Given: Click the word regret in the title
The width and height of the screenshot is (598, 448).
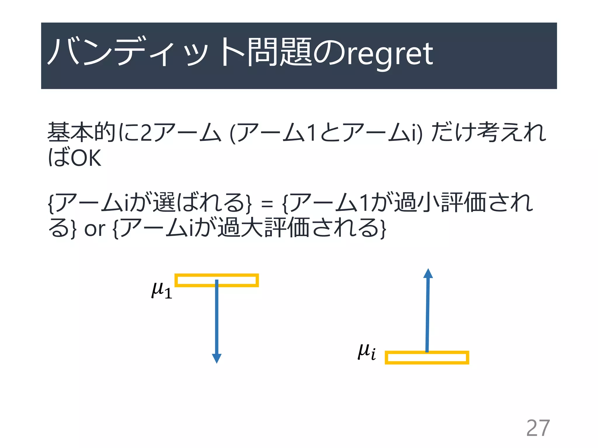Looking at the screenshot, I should pos(390,54).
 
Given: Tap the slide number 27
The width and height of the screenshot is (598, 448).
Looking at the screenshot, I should pos(538,428).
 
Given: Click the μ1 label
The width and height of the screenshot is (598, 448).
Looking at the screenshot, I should pos(161,290).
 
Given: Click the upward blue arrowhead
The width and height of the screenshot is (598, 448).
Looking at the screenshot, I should pos(428,274).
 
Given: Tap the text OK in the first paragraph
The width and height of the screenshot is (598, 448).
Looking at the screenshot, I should pos(86,158).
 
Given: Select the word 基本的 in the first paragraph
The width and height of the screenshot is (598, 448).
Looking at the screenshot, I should pos(82,132).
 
